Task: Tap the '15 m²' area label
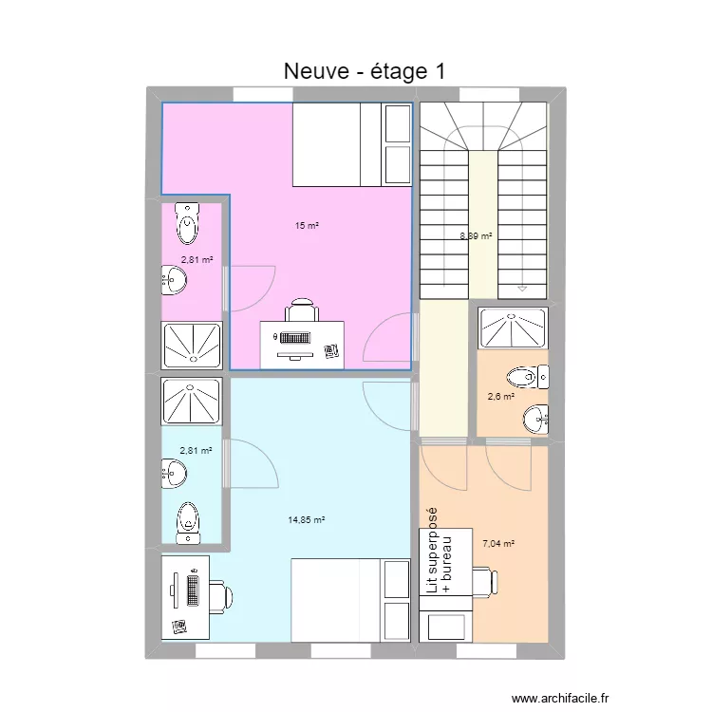tap(306, 226)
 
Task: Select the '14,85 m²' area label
tap(306, 519)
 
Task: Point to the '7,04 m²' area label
tap(498, 544)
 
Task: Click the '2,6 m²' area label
tap(501, 398)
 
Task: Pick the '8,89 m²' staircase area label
tap(477, 235)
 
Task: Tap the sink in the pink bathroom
tap(175, 280)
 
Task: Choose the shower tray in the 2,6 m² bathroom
tap(513, 328)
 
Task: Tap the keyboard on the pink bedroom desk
tap(293, 337)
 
